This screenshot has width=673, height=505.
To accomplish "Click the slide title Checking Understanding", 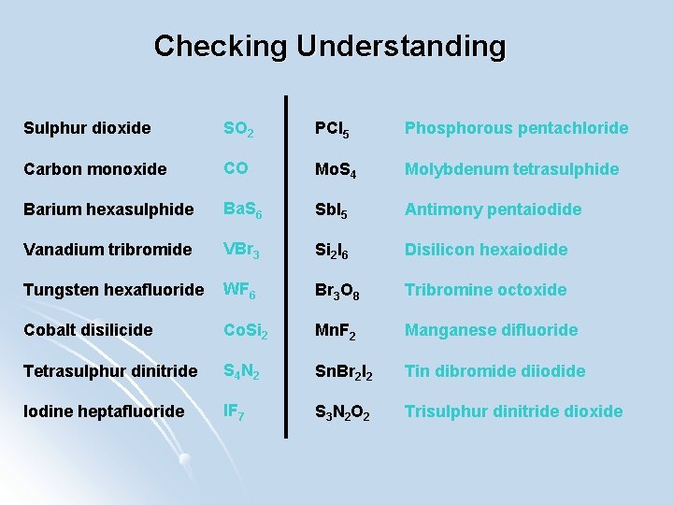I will pos(329,45).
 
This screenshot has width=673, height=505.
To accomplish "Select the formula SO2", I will pos(239,128).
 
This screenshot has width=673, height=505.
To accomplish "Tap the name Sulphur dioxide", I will pos(87,127).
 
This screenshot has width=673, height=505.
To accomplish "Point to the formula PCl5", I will pos(332,128).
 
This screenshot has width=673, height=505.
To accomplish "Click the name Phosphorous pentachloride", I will pos(516,127).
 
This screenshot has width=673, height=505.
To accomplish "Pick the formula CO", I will pos(236,168).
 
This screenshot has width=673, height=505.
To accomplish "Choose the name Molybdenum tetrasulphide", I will pos(511,168).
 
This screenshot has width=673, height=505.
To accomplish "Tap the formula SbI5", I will pos(332,209).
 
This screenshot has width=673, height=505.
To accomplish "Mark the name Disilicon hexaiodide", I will pos(486,250).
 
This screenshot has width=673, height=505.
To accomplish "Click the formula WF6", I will pos(238,290).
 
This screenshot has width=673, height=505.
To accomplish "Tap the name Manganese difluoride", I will pos(491,330).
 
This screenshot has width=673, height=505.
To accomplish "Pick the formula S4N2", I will pos(241,371).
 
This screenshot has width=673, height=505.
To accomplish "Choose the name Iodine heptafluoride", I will pos(103,411).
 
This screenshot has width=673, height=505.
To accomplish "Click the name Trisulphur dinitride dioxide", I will pos(513,411).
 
